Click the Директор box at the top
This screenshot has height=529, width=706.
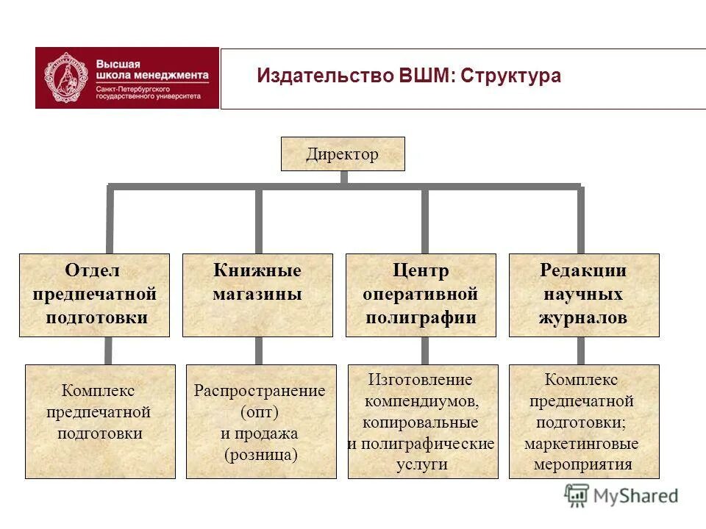coord(343,154)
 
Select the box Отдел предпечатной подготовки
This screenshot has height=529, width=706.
coord(94,295)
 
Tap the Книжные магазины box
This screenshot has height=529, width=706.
coord(257,295)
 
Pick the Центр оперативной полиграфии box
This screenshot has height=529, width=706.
coord(421,295)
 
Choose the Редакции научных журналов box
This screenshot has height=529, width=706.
coord(584,295)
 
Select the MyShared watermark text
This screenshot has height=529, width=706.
coord(635,496)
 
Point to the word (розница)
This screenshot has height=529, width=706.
coord(261,455)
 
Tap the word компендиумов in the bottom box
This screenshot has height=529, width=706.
coord(421,401)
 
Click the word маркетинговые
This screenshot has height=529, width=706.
coord(581,444)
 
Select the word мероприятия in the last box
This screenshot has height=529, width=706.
coord(583,465)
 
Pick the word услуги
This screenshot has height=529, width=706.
coord(421,465)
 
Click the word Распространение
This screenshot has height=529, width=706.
coord(260,391)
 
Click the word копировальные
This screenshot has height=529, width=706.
coord(420,422)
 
